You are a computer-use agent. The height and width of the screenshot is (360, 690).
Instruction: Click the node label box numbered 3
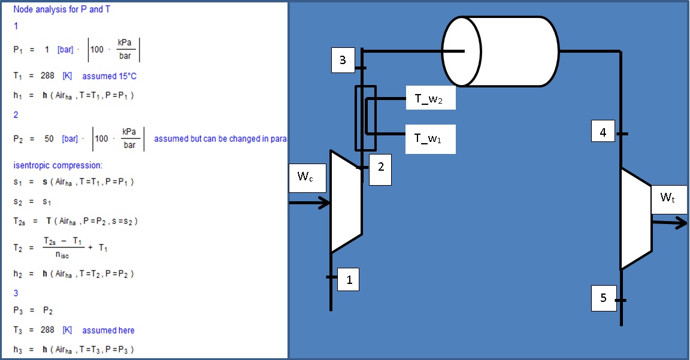343,60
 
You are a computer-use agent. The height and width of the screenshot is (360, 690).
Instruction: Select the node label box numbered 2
380,168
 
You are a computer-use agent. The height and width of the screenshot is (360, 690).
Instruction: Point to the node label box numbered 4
603,132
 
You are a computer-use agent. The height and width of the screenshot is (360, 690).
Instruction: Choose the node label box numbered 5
603,298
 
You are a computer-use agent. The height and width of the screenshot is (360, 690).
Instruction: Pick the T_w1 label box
431,138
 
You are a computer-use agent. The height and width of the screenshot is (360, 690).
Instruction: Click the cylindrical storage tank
500,52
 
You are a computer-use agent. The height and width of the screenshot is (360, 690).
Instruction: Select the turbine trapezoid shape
635,219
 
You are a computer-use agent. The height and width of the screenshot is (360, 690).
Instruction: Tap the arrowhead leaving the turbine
681,223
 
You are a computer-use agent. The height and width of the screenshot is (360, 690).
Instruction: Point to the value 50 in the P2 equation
49,138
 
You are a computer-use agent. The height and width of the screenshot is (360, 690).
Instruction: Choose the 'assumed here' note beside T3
108,330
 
